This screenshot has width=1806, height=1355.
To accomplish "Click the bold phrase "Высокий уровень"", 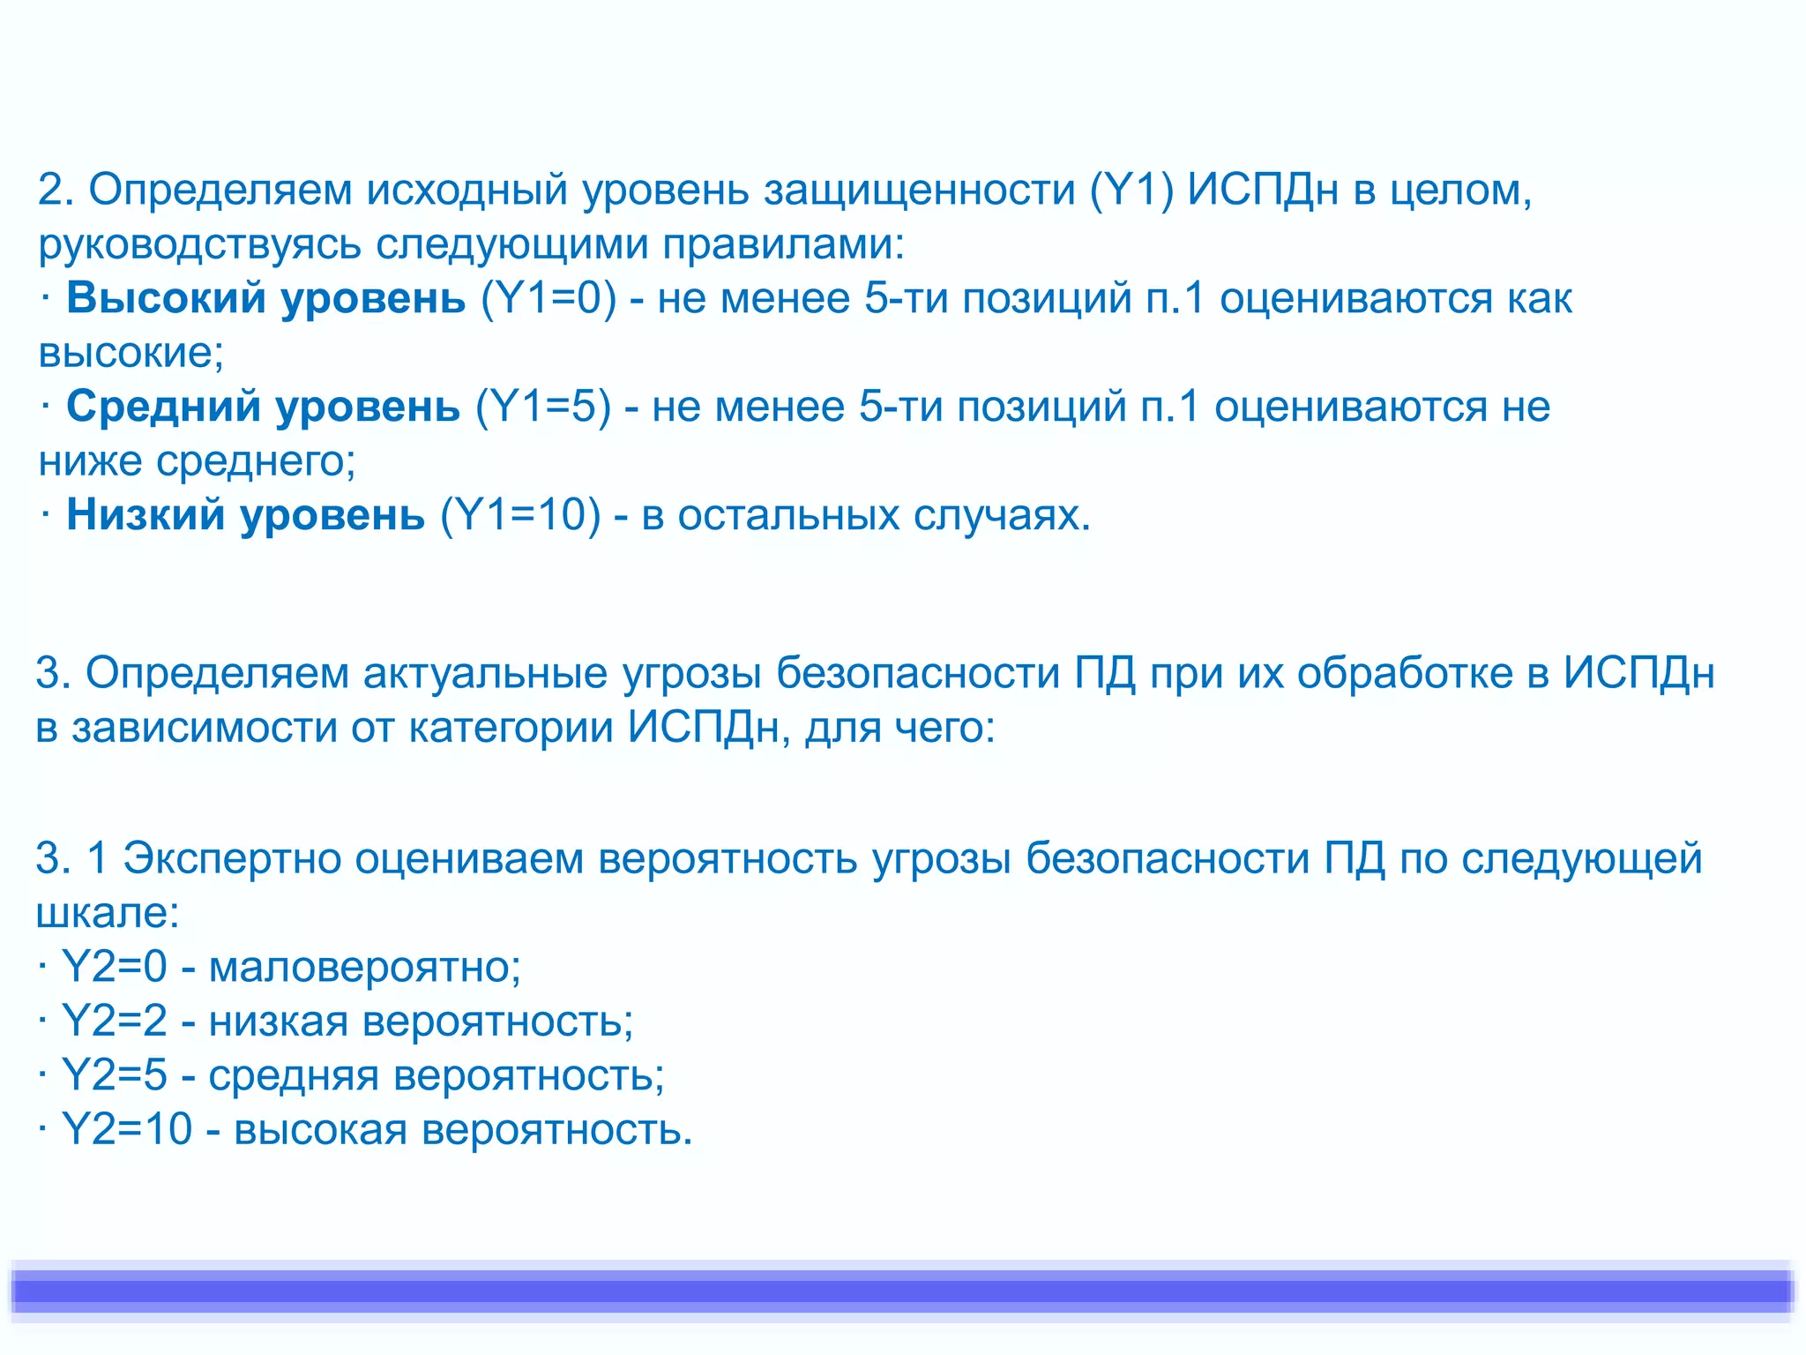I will [x=265, y=298].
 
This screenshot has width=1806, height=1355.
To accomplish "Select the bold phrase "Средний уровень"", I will [x=263, y=407].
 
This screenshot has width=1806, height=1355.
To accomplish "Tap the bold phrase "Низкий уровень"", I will [x=245, y=515].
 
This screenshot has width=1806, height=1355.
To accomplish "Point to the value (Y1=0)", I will [x=549, y=298].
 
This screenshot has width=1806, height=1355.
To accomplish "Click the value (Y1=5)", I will [x=543, y=407].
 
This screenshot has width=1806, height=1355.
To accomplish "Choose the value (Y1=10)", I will [x=520, y=515].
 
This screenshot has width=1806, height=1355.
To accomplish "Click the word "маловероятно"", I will [x=364, y=967].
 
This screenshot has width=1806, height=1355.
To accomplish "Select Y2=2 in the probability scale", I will [x=114, y=1022].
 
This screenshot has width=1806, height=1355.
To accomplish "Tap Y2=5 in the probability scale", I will [x=114, y=1075].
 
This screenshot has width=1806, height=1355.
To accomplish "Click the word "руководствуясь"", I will [x=199, y=244].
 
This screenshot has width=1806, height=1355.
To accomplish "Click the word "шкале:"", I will [x=108, y=913].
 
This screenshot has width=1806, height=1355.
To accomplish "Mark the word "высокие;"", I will [x=131, y=353].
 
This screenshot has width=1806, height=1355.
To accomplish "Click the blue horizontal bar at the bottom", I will [x=903, y=1291].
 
